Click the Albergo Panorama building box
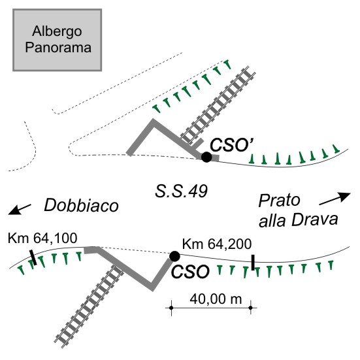pos(57,40)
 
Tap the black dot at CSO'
pos(206,157)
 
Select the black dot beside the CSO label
pos(174,256)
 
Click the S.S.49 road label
pos(181,191)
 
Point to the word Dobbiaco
pos(81,205)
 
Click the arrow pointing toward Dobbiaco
pos(20,209)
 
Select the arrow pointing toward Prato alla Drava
pos(335,199)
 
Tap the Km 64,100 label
pos(42,238)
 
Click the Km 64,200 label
pos(217,244)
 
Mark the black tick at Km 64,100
pos(33,257)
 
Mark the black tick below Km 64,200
pos(253,263)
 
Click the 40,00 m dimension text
pos(216,299)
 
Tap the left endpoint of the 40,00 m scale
pos(171,308)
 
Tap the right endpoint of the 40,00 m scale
pos(251,308)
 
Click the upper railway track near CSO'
pos(218,105)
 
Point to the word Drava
pos(314,220)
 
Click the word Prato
pos(279,201)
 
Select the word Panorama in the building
pos(58,47)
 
